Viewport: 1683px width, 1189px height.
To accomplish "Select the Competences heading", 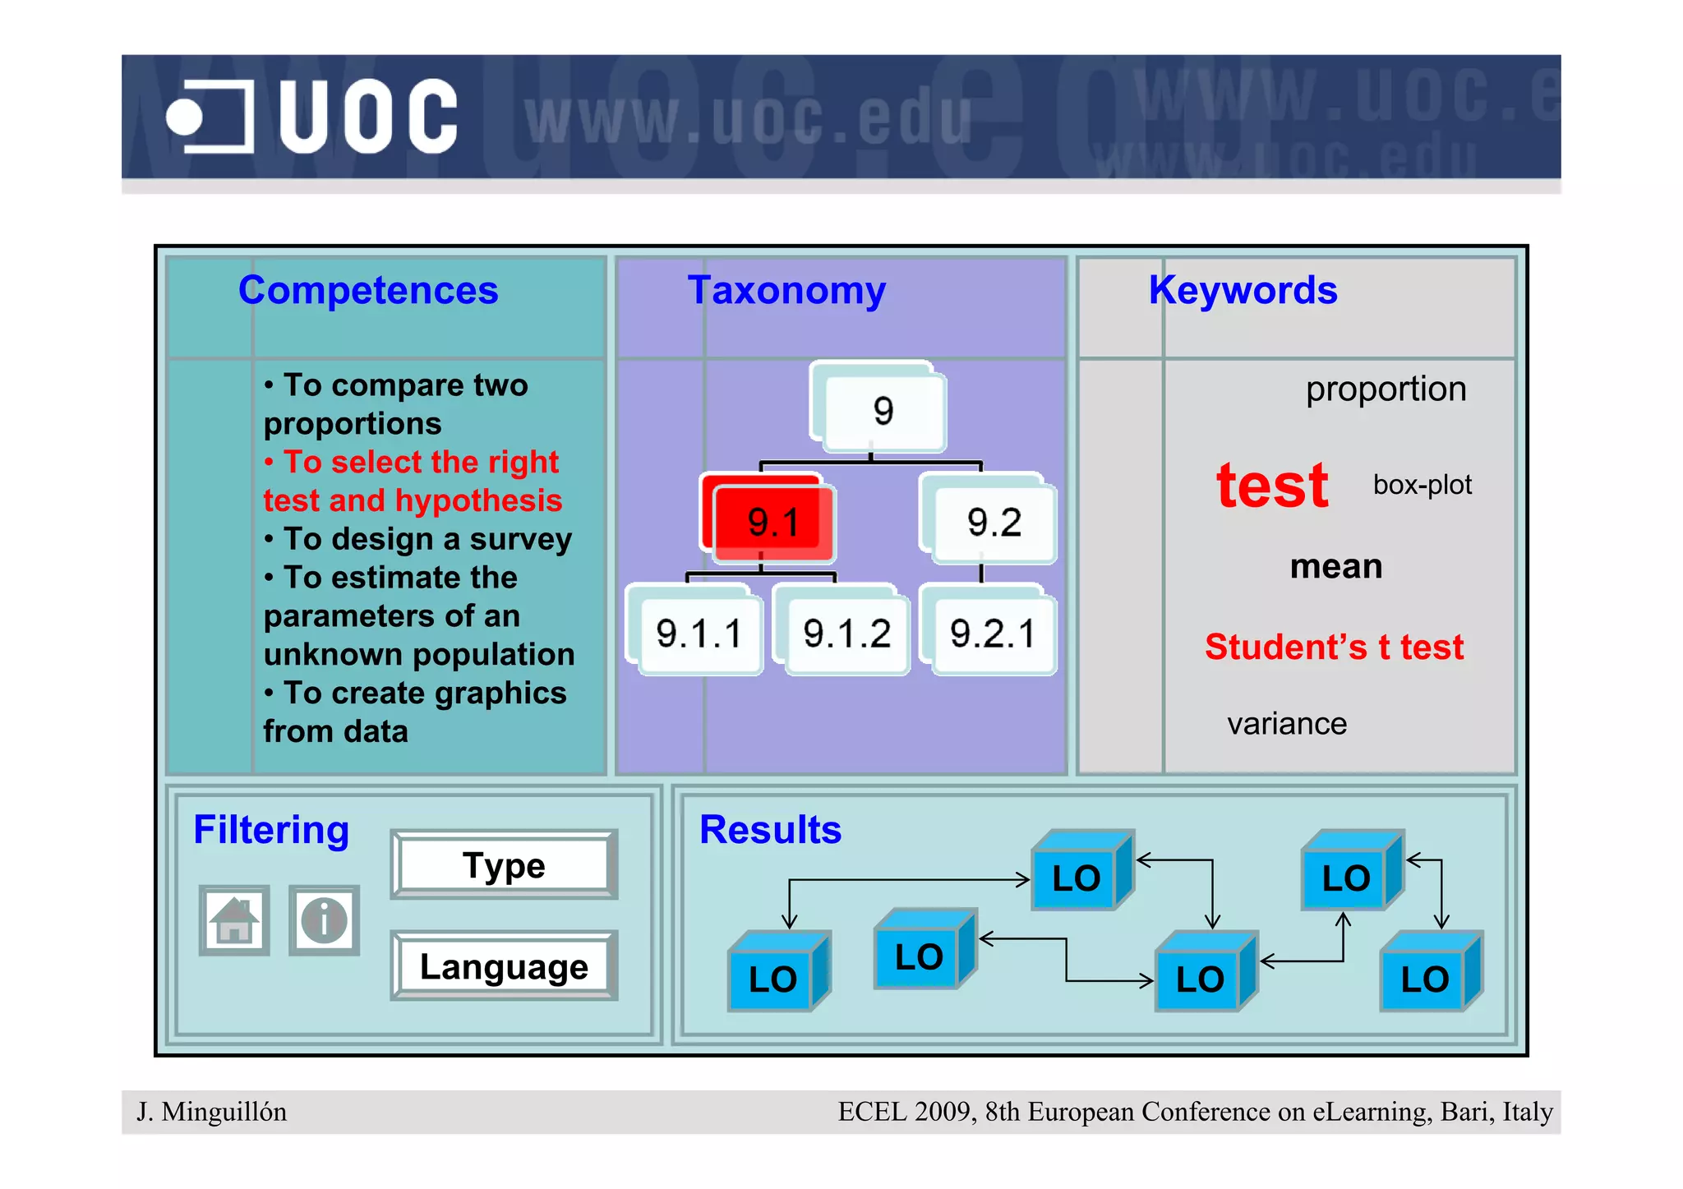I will pyautogui.click(x=367, y=290).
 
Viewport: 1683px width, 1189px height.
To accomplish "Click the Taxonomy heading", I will pyautogui.click(x=786, y=290).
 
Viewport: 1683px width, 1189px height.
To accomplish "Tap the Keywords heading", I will pyautogui.click(x=1242, y=290).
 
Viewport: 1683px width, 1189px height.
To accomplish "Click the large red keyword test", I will pyautogui.click(x=1272, y=486).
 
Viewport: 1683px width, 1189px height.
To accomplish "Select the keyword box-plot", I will pyautogui.click(x=1422, y=485).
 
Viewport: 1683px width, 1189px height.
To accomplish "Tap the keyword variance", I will pyautogui.click(x=1287, y=724).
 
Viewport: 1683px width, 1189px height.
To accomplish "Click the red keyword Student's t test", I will pyautogui.click(x=1334, y=647).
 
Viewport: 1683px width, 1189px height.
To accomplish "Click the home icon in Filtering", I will pyautogui.click(x=234, y=920).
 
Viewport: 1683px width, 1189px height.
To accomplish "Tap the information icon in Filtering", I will pyautogui.click(x=324, y=920).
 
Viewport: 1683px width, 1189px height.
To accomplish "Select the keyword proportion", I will pyautogui.click(x=1386, y=389).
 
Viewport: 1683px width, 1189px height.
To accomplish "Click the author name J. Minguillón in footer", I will pyautogui.click(x=212, y=1112).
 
